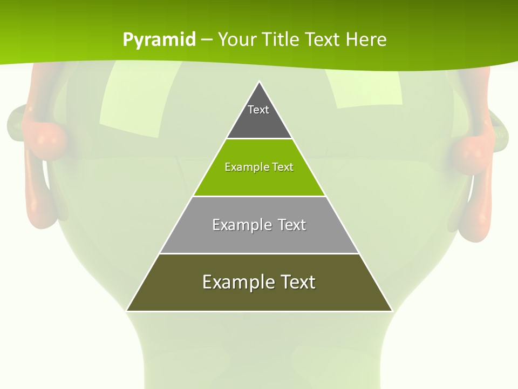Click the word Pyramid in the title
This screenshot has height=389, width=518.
point(159,39)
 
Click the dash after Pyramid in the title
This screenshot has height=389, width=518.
point(207,40)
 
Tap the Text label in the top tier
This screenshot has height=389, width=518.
point(258,110)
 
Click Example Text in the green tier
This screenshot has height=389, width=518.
point(259,167)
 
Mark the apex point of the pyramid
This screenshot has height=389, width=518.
point(260,82)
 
